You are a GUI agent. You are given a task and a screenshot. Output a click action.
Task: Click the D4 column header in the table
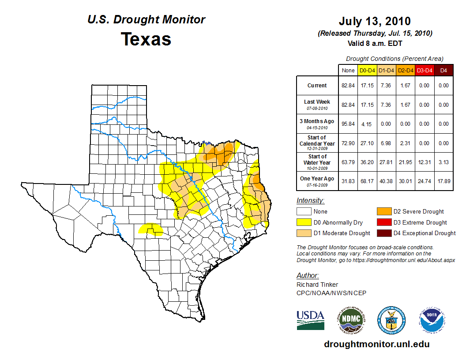click(443, 70)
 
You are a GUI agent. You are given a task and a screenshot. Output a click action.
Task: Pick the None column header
click(348, 70)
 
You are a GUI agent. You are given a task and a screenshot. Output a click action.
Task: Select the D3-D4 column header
click(425, 70)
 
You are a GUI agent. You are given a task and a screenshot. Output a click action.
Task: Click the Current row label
click(317, 86)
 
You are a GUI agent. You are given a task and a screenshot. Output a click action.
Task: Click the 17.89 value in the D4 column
click(443, 181)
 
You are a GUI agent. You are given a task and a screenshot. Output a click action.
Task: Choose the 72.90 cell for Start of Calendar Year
click(348, 143)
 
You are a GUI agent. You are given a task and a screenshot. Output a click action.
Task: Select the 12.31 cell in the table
click(425, 162)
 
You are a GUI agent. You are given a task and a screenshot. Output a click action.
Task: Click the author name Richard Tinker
click(317, 285)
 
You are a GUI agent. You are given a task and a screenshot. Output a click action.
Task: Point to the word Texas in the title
click(146, 39)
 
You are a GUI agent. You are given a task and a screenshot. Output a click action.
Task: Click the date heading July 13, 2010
click(375, 21)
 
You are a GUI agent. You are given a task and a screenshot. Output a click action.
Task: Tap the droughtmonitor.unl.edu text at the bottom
click(376, 344)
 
